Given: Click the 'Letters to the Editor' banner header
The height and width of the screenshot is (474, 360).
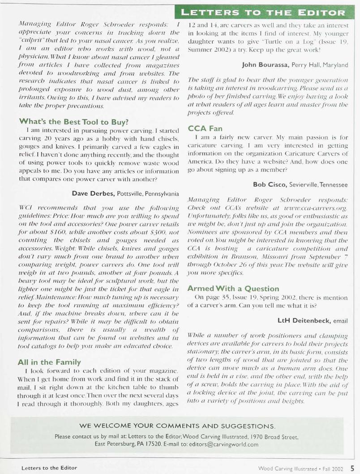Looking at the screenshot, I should click(270, 12).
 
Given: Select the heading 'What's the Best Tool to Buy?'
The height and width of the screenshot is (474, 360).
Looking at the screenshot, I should click(57, 121).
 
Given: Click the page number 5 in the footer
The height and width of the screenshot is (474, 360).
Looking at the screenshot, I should click(353, 468).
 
